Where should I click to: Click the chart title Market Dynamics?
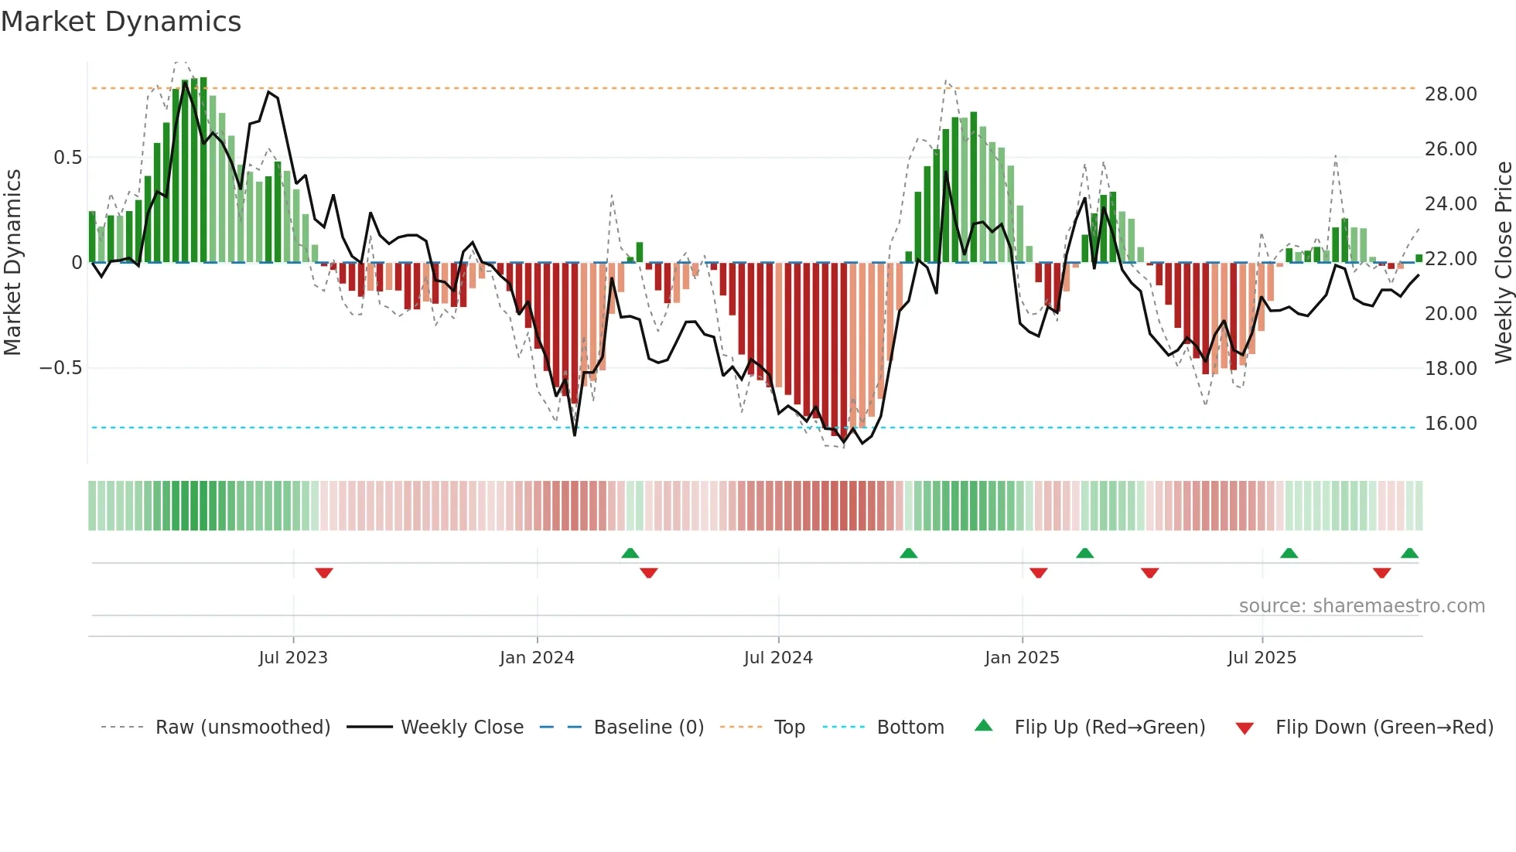pyautogui.click(x=121, y=22)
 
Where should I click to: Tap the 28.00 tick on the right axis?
pyautogui.click(x=1450, y=94)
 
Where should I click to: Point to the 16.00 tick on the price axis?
pyautogui.click(x=1450, y=424)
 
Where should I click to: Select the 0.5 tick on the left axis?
pyautogui.click(x=67, y=158)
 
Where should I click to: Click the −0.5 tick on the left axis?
pyautogui.click(x=61, y=368)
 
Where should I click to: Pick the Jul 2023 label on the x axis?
pyautogui.click(x=293, y=658)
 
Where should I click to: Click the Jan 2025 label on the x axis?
pyautogui.click(x=1022, y=658)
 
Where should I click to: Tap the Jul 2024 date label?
pyautogui.click(x=778, y=658)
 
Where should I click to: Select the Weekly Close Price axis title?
pyautogui.click(x=1503, y=263)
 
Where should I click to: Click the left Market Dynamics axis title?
pyautogui.click(x=12, y=263)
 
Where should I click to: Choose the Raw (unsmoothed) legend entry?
pyautogui.click(x=242, y=728)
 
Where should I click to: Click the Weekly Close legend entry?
pyautogui.click(x=462, y=728)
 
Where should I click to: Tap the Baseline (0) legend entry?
pyautogui.click(x=648, y=728)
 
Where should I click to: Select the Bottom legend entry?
pyautogui.click(x=910, y=728)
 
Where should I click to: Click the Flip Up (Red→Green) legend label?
pyautogui.click(x=1109, y=728)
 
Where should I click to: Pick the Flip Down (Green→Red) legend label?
pyautogui.click(x=1384, y=728)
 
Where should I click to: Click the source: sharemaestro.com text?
pyautogui.click(x=1361, y=606)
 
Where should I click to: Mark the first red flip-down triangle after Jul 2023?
pyautogui.click(x=324, y=573)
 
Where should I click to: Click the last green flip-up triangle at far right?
pyautogui.click(x=1409, y=554)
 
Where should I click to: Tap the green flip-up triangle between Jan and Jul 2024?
pyautogui.click(x=630, y=554)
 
